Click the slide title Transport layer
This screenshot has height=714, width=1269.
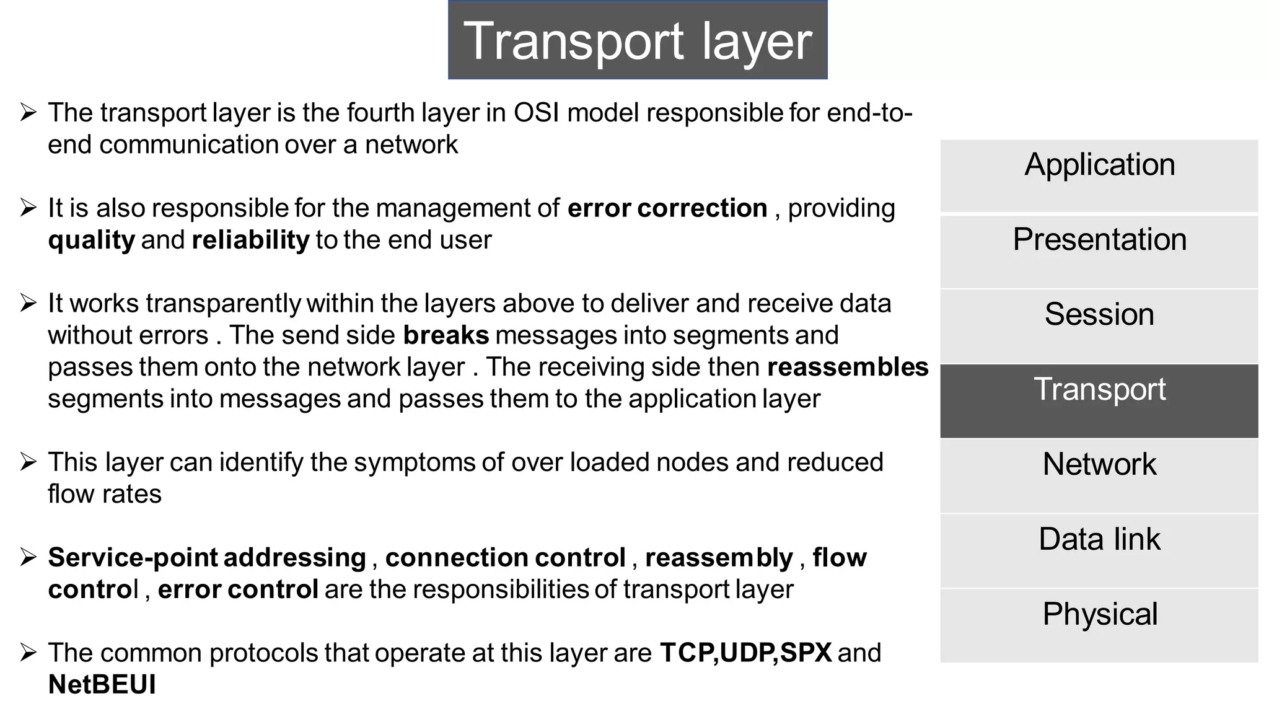(x=637, y=40)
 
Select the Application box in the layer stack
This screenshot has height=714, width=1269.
(x=1099, y=176)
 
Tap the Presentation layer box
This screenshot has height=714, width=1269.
(x=1099, y=251)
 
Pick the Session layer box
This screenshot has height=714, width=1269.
(x=1099, y=326)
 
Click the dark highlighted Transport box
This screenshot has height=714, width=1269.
(x=1099, y=401)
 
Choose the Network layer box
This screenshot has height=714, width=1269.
(x=1099, y=476)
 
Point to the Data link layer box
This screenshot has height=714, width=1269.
(x=1099, y=551)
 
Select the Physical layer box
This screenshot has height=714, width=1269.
(x=1099, y=625)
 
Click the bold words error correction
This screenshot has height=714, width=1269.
(x=667, y=208)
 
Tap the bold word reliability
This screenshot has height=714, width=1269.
(x=250, y=240)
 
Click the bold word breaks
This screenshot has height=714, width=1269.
(x=446, y=335)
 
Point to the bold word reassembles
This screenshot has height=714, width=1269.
(x=847, y=367)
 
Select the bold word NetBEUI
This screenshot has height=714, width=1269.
(x=102, y=685)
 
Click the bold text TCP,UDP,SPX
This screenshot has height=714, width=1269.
(x=745, y=653)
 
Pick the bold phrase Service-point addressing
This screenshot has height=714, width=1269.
(x=207, y=558)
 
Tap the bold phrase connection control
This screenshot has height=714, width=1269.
(x=505, y=558)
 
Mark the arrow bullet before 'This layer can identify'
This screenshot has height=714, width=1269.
(x=29, y=462)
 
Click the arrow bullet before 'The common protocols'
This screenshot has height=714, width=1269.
(x=29, y=653)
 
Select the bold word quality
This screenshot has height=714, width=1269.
(x=91, y=240)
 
